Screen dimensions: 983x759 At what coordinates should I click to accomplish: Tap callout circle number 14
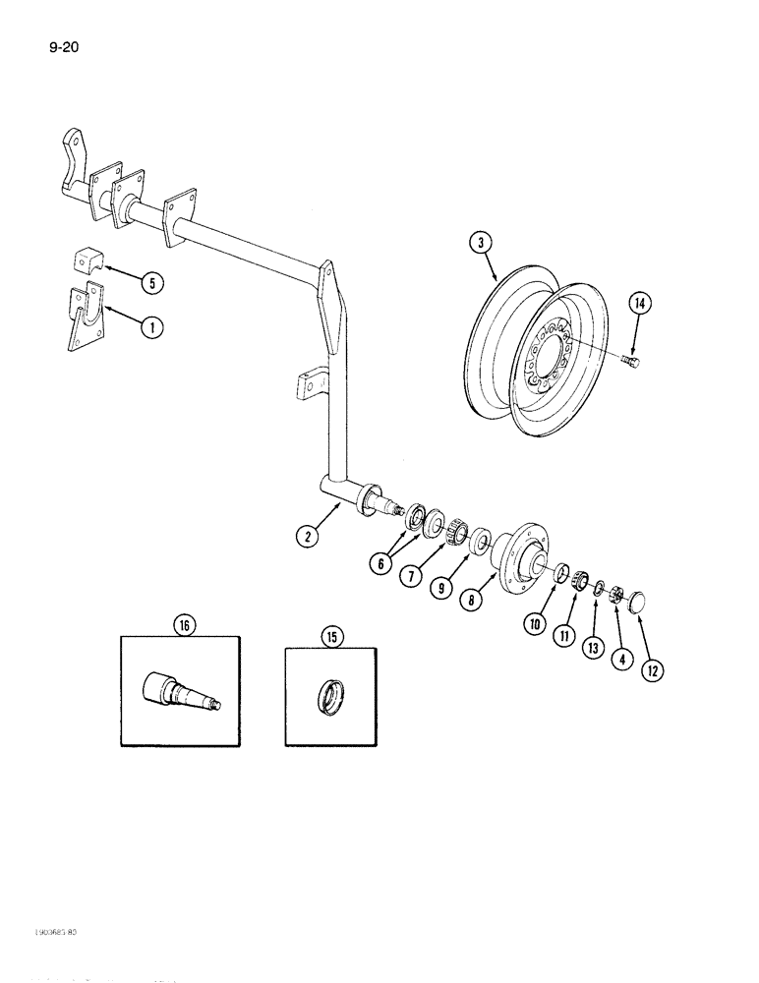639,306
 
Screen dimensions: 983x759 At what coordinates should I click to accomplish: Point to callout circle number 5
151,283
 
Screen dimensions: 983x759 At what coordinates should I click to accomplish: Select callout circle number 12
651,670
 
